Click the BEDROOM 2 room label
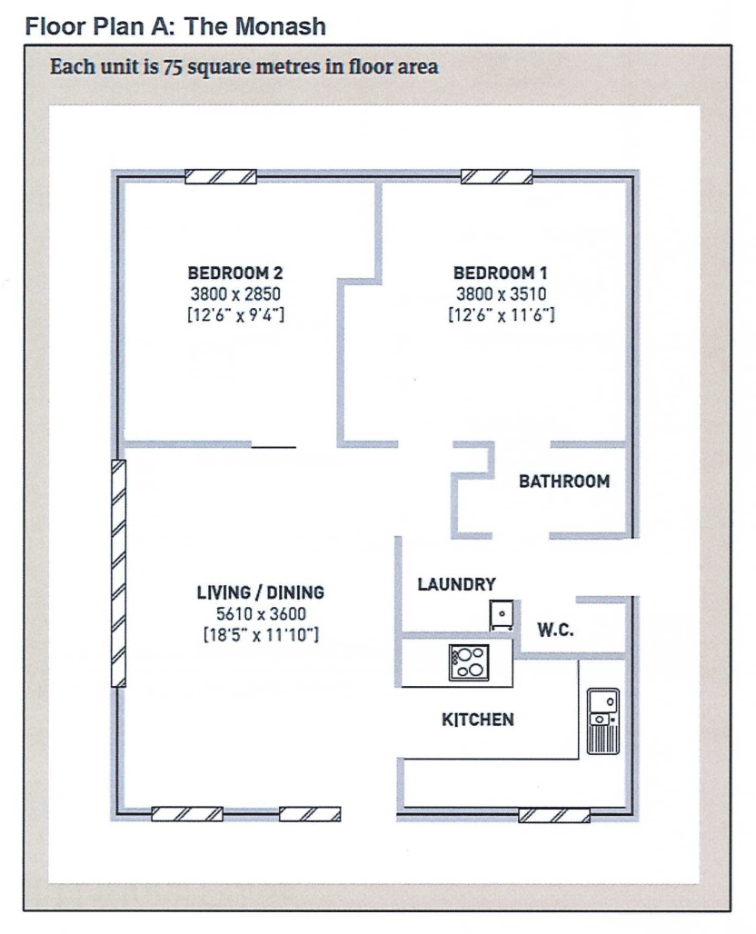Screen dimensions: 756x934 pyautogui.click(x=235, y=273)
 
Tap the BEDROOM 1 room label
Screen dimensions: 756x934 pyautogui.click(x=501, y=273)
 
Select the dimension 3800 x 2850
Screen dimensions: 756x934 pyautogui.click(x=235, y=293)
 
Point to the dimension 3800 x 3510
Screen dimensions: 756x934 pyautogui.click(x=501, y=293)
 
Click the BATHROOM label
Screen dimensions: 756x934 pyautogui.click(x=564, y=482)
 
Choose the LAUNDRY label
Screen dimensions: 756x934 pyautogui.click(x=456, y=584)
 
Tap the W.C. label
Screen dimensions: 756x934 pyautogui.click(x=555, y=630)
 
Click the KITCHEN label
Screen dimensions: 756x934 pyautogui.click(x=478, y=720)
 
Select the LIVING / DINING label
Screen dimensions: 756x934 pyautogui.click(x=261, y=592)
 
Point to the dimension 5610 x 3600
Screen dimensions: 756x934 pyautogui.click(x=261, y=613)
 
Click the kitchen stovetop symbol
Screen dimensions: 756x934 pyautogui.click(x=469, y=662)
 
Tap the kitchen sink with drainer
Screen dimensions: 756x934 pyautogui.click(x=603, y=721)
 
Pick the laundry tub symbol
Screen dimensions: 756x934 pyautogui.click(x=502, y=615)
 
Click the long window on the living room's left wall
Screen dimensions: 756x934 pyautogui.click(x=118, y=573)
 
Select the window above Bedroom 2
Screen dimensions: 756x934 pyautogui.click(x=221, y=177)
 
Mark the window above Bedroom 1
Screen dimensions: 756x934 pyautogui.click(x=497, y=177)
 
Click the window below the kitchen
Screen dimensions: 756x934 pyautogui.click(x=554, y=816)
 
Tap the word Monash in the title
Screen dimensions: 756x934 pyautogui.click(x=281, y=27)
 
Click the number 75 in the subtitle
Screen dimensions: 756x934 pyautogui.click(x=172, y=66)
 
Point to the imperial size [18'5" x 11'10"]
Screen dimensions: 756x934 pyautogui.click(x=261, y=635)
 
